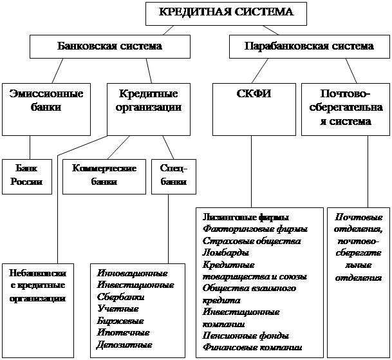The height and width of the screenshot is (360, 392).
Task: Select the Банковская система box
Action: point(109,47)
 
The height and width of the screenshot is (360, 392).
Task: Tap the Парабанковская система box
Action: point(309,47)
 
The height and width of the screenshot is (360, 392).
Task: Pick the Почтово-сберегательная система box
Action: point(346,108)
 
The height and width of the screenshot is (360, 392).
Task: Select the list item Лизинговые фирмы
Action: point(245,217)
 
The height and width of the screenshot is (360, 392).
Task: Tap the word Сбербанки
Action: point(120,298)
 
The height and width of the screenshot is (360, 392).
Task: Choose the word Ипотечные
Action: point(123,333)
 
